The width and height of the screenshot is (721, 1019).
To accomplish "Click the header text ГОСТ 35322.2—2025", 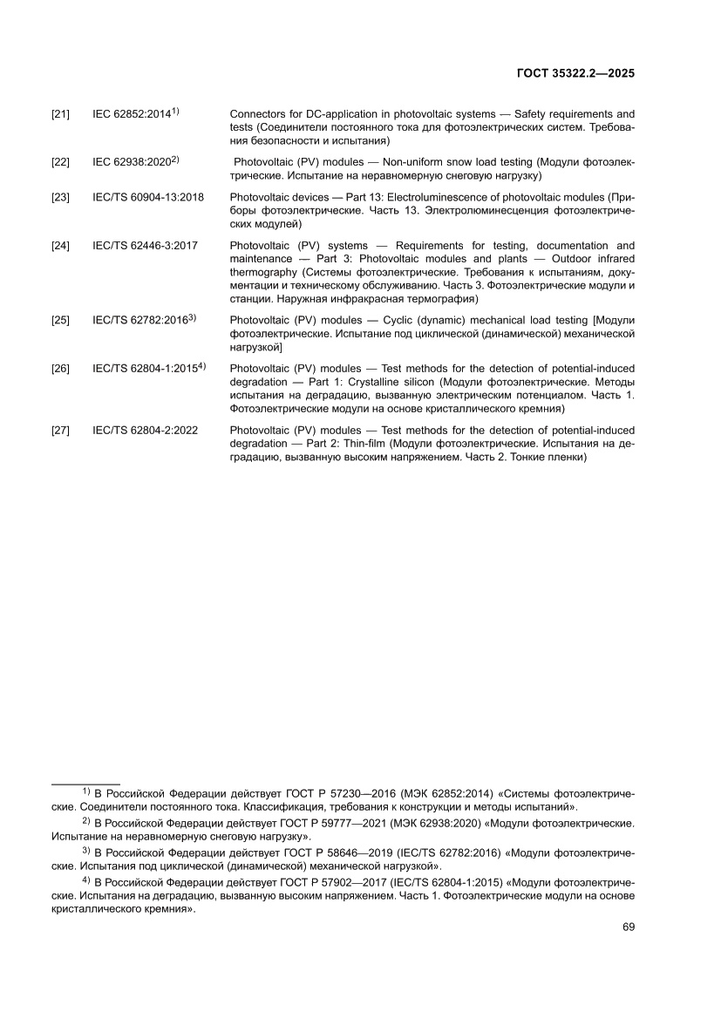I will (576, 74).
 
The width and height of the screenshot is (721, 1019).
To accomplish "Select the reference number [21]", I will (61, 114).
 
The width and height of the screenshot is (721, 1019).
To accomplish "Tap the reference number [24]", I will (61, 246).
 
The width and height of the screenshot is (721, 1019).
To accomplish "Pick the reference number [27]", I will (61, 430).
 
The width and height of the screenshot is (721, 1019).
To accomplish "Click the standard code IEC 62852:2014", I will (132, 114).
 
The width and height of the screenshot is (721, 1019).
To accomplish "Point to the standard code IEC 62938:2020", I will (132, 163).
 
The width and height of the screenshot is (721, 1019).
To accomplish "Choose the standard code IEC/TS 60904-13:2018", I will (148, 197).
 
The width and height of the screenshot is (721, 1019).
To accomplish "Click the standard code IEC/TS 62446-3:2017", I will (145, 246).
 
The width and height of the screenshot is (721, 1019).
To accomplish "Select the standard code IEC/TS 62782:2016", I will (140, 321).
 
